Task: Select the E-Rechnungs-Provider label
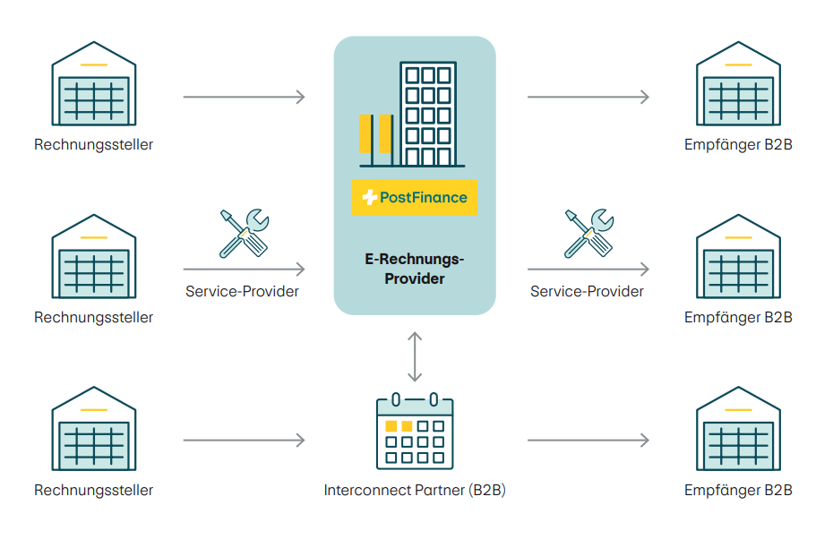coord(415,269)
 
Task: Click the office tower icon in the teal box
coord(428,115)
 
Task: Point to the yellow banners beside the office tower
coord(374,134)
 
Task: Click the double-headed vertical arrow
coord(414,356)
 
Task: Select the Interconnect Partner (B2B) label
coord(415,490)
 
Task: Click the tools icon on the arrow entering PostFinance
coord(243,233)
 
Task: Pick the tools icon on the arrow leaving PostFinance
coord(588,233)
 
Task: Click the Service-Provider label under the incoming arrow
coord(243,291)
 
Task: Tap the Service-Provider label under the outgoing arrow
coord(587,291)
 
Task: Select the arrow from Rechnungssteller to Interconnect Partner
coord(244,441)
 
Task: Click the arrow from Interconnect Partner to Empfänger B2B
coord(588,441)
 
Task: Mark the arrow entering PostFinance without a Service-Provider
coord(244,96)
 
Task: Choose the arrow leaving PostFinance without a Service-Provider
coord(588,96)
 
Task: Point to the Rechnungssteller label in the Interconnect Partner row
coord(94,490)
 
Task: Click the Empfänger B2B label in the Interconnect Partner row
coord(738,490)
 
